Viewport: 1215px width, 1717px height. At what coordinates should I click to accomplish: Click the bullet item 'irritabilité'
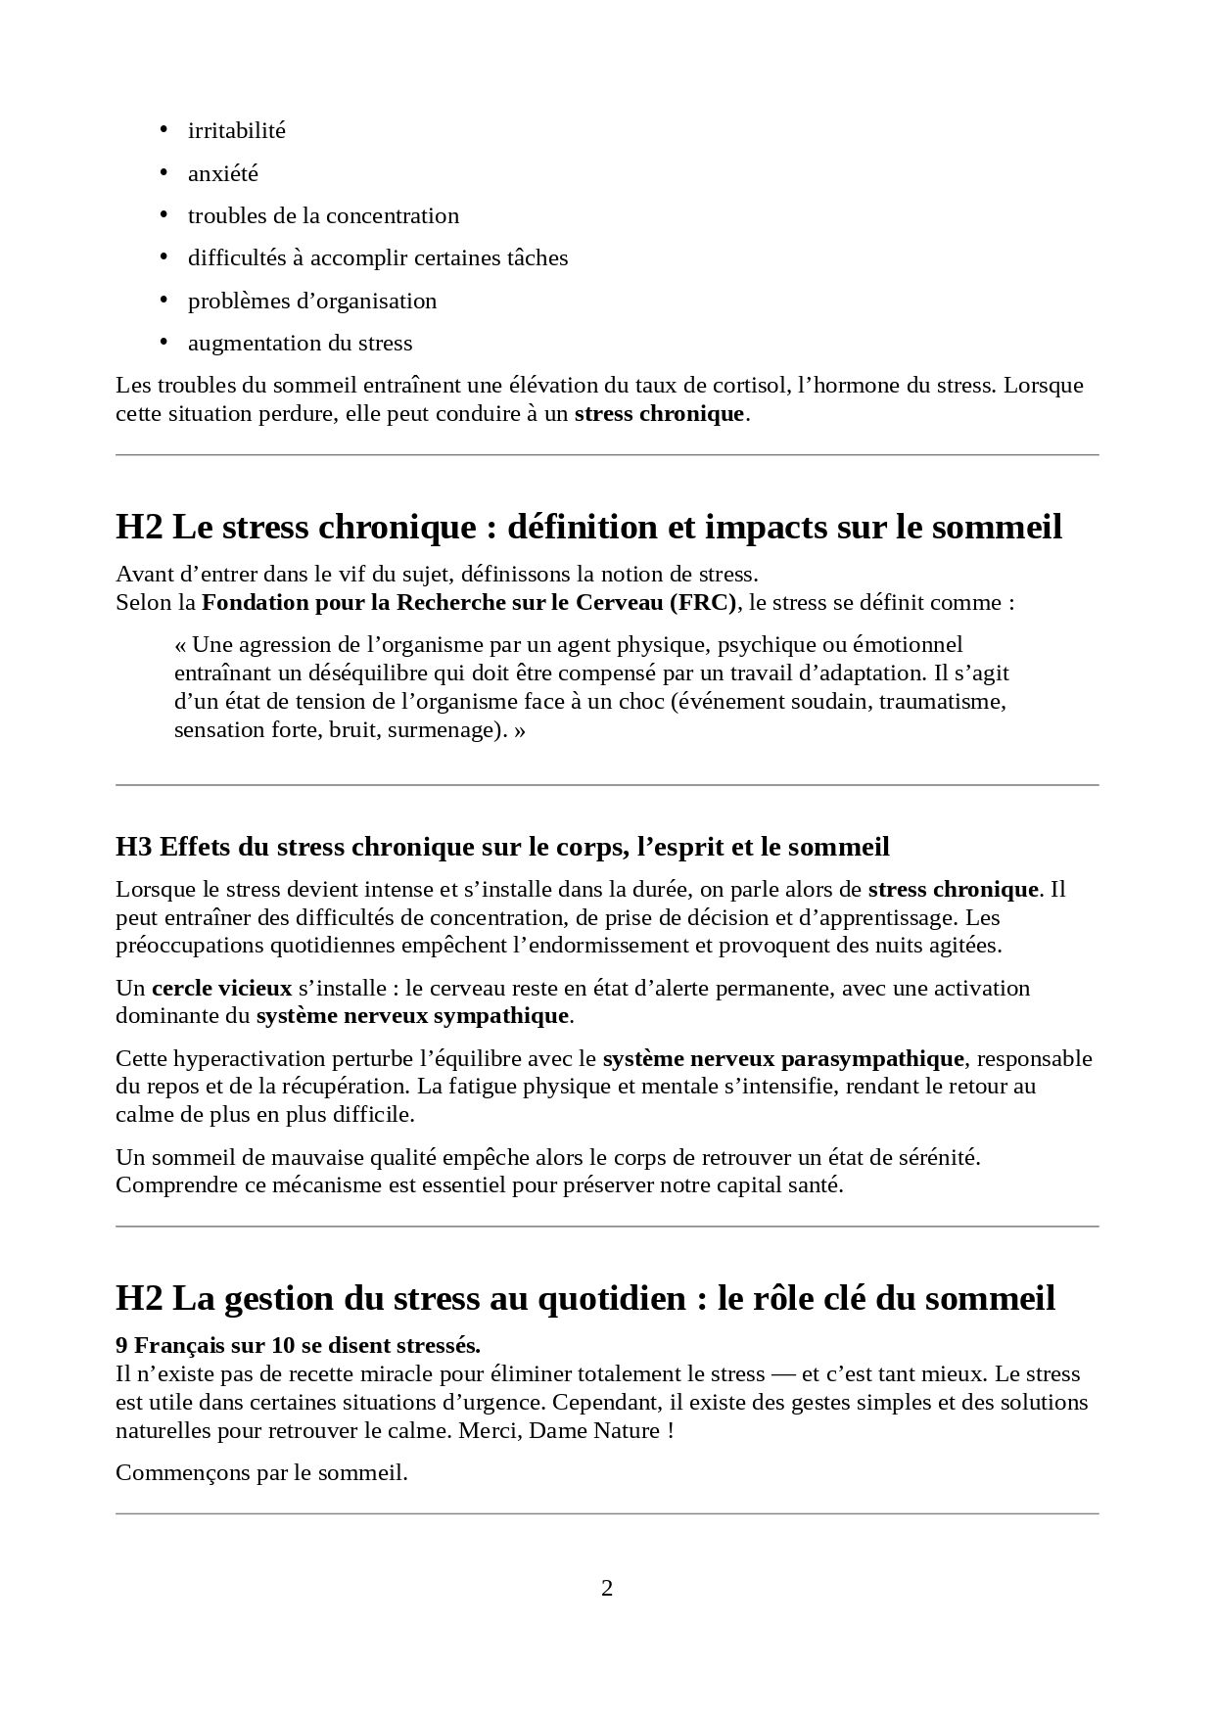point(236,130)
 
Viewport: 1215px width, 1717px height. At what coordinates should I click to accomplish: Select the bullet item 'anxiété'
point(223,173)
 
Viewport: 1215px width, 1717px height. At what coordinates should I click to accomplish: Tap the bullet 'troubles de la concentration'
point(323,215)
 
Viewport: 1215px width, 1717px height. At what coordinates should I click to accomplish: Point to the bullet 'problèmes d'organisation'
point(312,301)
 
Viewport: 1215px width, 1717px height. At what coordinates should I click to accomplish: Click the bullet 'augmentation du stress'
point(300,343)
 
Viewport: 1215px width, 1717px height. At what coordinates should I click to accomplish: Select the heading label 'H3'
point(133,847)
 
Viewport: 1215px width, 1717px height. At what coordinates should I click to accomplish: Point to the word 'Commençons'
point(173,1472)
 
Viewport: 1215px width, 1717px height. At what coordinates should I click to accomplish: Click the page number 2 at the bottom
point(607,1588)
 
